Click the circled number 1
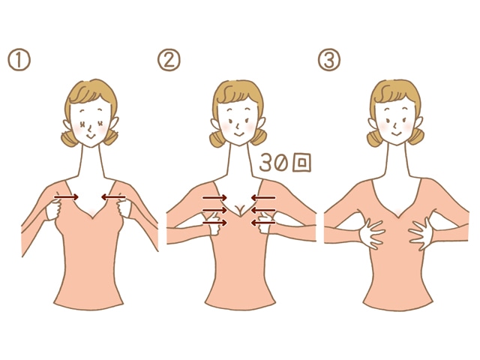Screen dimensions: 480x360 click(x=19, y=60)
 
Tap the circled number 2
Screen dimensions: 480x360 click(x=169, y=60)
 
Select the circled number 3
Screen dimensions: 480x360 click(x=329, y=60)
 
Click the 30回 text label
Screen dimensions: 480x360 click(x=285, y=162)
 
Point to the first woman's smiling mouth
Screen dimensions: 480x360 click(x=90, y=135)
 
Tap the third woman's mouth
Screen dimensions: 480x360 click(x=397, y=133)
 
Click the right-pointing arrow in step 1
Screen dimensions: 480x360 click(x=67, y=196)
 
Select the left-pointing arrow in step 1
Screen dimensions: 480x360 click(x=113, y=196)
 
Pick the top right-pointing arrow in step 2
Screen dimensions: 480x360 click(x=214, y=198)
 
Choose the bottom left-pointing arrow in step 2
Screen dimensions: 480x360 click(x=263, y=223)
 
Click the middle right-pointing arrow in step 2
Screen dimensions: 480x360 click(x=214, y=210)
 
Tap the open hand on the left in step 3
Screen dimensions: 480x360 click(x=372, y=233)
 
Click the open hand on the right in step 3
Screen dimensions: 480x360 click(x=421, y=233)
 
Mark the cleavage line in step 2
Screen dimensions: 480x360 click(x=240, y=210)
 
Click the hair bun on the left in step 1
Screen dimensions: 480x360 click(x=68, y=138)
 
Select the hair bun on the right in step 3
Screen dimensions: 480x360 click(x=416, y=136)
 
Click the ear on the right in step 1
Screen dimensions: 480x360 click(x=113, y=123)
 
